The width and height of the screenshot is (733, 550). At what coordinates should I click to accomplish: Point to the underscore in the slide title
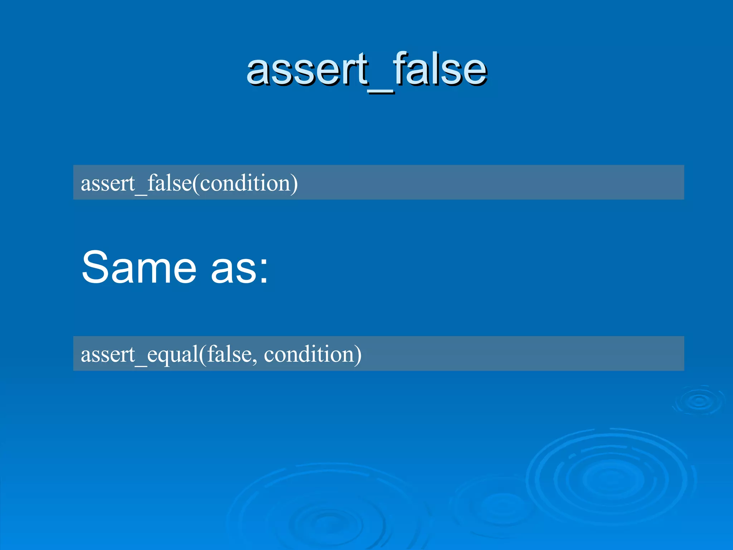(381, 92)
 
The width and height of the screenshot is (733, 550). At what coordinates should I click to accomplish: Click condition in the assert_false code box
(245, 183)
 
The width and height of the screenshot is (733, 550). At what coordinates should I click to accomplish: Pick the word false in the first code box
(169, 183)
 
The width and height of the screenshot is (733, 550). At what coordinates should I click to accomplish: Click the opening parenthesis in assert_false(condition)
(196, 184)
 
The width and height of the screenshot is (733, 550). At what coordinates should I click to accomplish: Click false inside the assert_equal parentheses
(229, 354)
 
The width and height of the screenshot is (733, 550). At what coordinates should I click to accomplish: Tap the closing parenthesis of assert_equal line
(358, 355)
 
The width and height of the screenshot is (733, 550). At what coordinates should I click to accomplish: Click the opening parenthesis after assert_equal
(203, 355)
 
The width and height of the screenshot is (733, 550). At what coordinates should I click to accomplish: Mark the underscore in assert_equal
(141, 365)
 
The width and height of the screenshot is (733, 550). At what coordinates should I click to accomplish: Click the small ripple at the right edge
(699, 401)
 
